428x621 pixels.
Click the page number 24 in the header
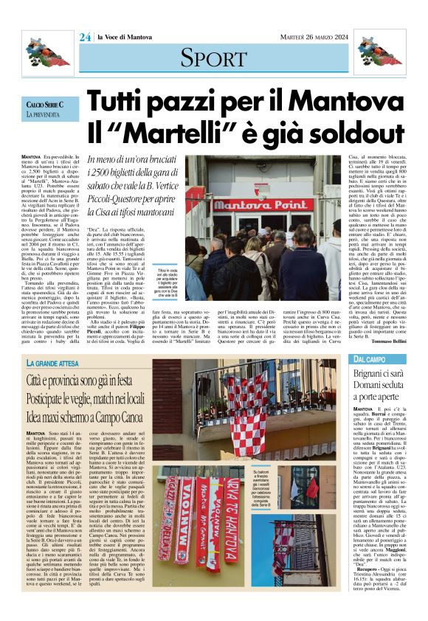coord(85,37)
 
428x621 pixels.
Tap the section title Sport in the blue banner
coord(213,57)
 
